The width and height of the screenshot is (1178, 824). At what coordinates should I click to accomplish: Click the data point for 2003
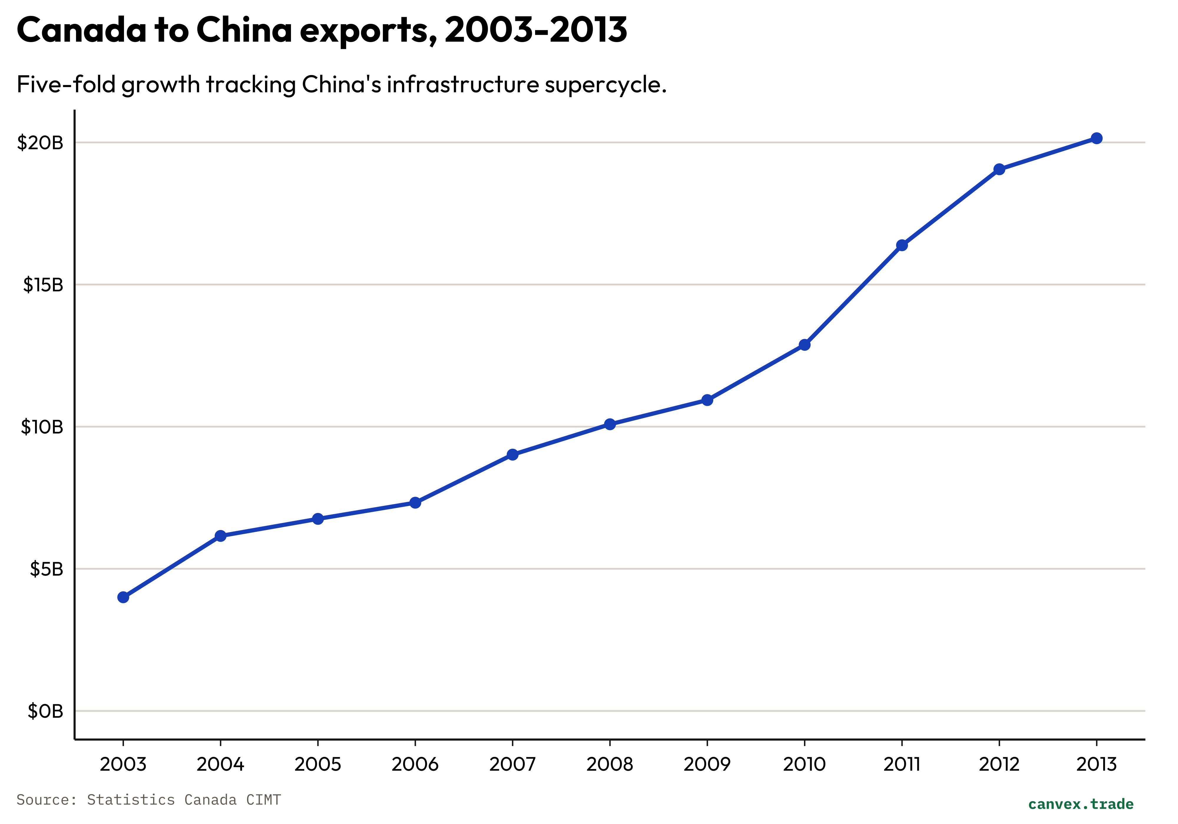click(x=123, y=597)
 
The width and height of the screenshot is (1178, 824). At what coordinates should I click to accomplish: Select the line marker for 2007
click(x=512, y=455)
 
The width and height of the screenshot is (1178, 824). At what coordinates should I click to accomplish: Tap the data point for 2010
click(x=805, y=345)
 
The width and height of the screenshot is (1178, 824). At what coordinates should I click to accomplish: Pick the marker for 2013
click(x=1096, y=138)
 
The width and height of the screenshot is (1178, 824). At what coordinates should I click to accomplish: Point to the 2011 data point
click(x=902, y=246)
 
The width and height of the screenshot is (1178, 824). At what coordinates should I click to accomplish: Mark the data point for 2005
click(x=318, y=519)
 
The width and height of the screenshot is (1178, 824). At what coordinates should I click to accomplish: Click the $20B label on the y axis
click(x=40, y=142)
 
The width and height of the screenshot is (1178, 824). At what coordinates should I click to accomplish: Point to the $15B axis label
click(x=43, y=285)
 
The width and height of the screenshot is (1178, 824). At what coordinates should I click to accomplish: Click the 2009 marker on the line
click(x=707, y=400)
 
